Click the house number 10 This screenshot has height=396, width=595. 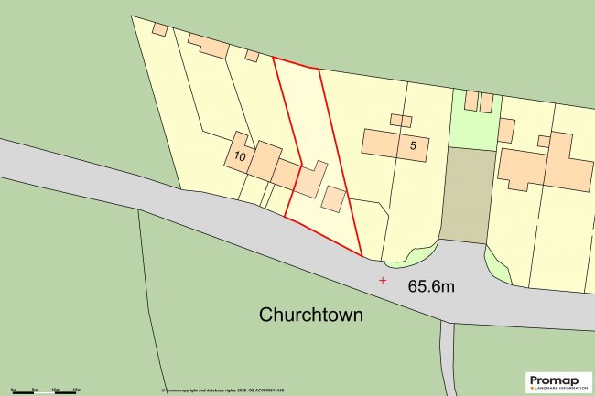coord(239,156)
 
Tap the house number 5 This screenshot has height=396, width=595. coord(414,144)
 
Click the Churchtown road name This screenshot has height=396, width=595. coord(311,316)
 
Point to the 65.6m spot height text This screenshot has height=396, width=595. coord(431,286)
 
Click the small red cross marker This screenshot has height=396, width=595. coord(383,280)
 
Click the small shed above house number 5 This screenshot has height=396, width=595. coord(401,121)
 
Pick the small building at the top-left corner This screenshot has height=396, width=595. coord(159,29)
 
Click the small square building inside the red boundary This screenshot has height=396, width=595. coord(333,199)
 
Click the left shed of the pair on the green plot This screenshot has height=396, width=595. coord(471,101)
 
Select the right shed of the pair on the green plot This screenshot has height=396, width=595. coord(486,102)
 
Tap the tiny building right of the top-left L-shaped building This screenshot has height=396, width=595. coord(252,56)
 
